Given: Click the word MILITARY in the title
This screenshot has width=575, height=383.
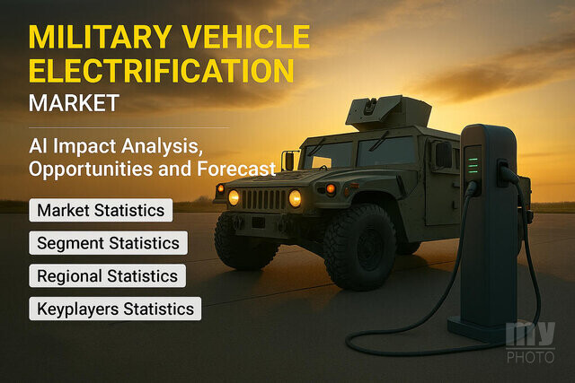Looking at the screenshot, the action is pos(100,37).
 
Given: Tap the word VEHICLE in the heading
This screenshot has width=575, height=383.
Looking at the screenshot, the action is pos(246,37).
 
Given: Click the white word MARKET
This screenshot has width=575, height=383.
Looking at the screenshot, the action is pos(74,103).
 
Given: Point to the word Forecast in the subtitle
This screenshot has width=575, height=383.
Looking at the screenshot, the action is pos(236,169).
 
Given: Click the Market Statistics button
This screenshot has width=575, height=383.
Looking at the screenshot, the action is pos(101,210).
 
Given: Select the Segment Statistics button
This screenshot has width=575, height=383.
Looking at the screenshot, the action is pos(108,243).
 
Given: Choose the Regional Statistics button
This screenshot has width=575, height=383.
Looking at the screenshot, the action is pos(108,275).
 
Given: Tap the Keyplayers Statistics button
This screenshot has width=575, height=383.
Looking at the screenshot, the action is pos(115,309).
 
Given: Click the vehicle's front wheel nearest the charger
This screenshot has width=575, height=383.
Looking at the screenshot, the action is pos(359,248).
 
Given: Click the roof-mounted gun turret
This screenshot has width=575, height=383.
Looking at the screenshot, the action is pos(388,113).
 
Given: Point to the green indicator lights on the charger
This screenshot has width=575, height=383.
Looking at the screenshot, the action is pos(473,166).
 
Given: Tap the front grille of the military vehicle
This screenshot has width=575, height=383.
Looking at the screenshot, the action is pos(263,199).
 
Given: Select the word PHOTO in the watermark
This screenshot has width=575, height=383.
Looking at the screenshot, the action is pos(530,357).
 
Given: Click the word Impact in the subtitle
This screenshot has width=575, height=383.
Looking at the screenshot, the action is pos(84,146).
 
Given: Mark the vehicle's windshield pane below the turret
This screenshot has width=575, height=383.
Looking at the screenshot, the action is pos(386,152).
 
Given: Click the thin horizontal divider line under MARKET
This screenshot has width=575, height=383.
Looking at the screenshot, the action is pos(129,127).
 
